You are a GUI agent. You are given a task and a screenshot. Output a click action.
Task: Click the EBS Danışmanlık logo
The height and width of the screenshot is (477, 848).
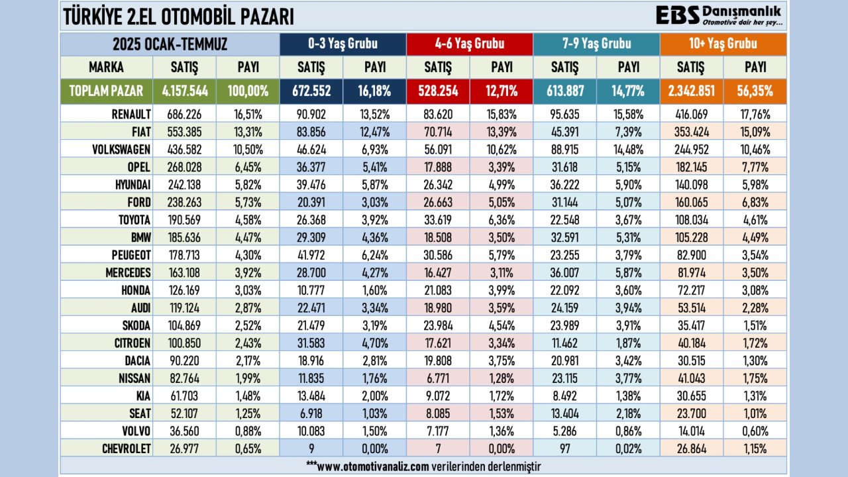tap(718, 16)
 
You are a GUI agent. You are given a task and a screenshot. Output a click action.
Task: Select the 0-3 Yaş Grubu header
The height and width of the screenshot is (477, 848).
tap(343, 44)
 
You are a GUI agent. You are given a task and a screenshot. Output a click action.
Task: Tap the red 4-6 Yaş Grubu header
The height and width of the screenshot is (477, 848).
tap(470, 44)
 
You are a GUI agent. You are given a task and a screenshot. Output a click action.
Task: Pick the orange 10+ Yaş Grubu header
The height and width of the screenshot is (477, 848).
tap(723, 44)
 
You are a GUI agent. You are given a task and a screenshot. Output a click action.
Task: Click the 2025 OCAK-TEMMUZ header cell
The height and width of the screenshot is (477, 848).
tap(170, 44)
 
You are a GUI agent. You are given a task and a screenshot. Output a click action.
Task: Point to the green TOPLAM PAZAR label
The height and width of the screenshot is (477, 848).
tap(106, 91)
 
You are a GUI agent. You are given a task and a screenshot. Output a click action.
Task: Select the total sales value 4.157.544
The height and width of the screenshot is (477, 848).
tap(185, 91)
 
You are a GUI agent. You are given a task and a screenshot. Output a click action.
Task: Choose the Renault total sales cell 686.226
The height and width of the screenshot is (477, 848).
tap(185, 114)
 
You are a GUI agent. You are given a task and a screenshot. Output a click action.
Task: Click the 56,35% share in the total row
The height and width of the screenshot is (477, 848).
tap(755, 91)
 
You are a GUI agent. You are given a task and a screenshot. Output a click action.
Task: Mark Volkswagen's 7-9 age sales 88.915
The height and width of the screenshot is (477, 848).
tap(565, 150)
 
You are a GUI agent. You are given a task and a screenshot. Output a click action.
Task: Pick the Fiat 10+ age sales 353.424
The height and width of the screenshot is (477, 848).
tap(692, 132)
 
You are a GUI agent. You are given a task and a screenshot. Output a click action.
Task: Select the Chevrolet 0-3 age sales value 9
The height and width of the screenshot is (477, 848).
tap(311, 449)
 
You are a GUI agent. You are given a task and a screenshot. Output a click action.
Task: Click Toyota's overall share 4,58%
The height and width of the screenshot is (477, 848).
tap(248, 219)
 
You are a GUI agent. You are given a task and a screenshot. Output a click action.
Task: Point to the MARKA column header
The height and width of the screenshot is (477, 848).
tap(106, 68)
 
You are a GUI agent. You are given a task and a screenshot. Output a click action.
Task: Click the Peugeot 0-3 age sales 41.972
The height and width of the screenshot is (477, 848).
tap(311, 254)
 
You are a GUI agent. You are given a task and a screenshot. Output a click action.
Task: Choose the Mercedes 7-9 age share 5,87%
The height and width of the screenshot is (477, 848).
tap(628, 272)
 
